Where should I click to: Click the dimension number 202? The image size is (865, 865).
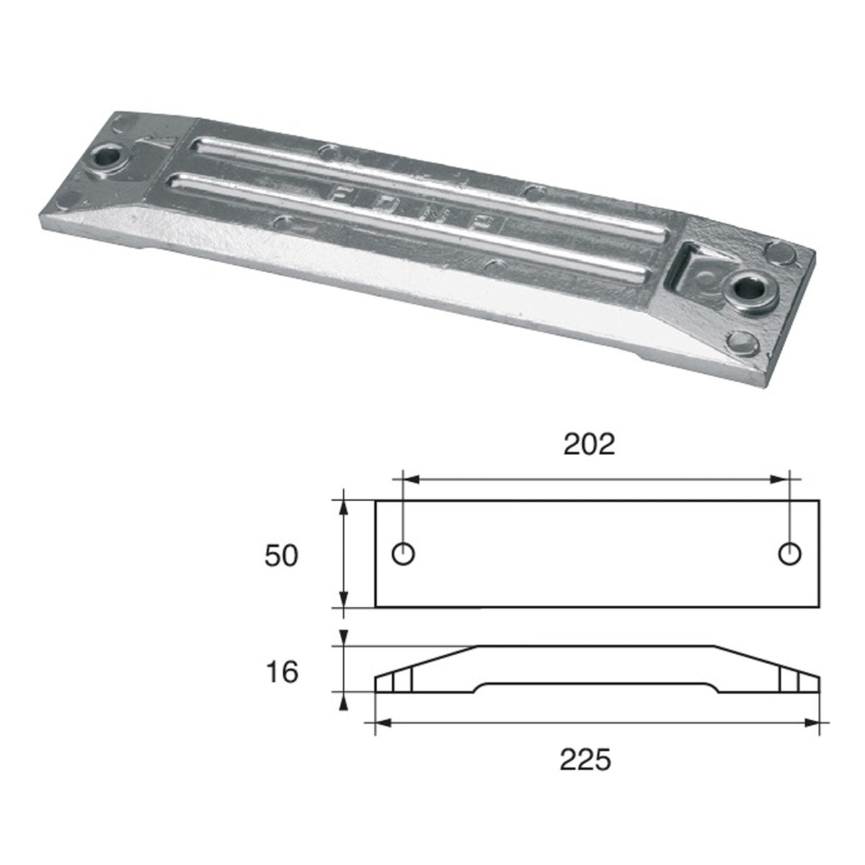coord(589,445)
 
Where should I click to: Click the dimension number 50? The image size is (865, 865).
coord(281,556)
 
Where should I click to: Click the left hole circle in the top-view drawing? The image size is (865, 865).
coord(403,554)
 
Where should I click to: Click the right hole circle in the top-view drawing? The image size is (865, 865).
coord(791,554)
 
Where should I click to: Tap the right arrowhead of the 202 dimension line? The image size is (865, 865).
coord(784,479)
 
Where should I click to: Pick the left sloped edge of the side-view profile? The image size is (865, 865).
coord(425,661)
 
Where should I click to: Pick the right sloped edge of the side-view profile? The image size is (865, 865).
coord(766,661)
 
